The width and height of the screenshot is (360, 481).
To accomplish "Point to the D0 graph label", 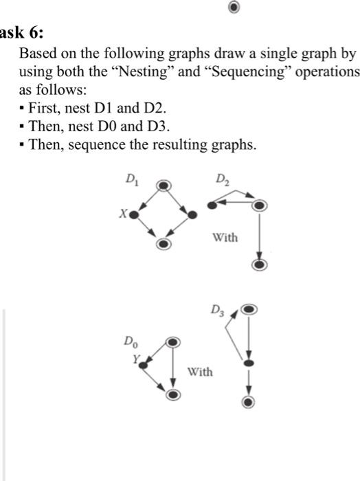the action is (x=129, y=340).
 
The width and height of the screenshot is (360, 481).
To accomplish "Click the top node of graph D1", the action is (x=163, y=186).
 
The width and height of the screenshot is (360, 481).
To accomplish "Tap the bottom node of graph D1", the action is (x=163, y=245).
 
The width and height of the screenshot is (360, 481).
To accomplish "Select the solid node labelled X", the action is (x=133, y=215).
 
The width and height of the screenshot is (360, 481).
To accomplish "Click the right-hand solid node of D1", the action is (x=193, y=215).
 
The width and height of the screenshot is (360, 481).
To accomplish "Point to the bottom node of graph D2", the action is (x=259, y=265).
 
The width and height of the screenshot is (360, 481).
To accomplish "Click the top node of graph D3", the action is (x=249, y=310).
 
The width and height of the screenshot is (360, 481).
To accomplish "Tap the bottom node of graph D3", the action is (x=249, y=401).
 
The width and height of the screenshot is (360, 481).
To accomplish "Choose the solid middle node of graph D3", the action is (x=249, y=362).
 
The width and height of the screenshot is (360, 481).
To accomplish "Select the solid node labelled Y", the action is (x=143, y=366).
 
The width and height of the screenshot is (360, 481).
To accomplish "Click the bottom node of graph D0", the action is (x=173, y=395).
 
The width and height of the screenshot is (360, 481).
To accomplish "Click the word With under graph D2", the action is (x=225, y=238).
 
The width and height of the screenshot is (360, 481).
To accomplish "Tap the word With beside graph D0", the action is (x=200, y=372).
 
